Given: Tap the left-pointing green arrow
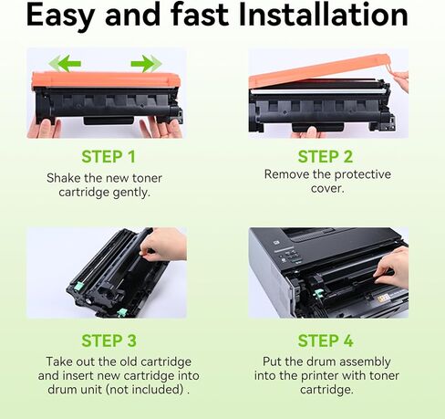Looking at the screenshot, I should pos(66,64).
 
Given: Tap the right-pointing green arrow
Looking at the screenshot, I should pos(145,64).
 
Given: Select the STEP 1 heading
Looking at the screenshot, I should pos(109,156).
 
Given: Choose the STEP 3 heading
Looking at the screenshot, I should pos(109,340).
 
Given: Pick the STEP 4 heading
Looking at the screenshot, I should pos(326,340).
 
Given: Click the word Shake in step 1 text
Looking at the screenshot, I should pos(64,177).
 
